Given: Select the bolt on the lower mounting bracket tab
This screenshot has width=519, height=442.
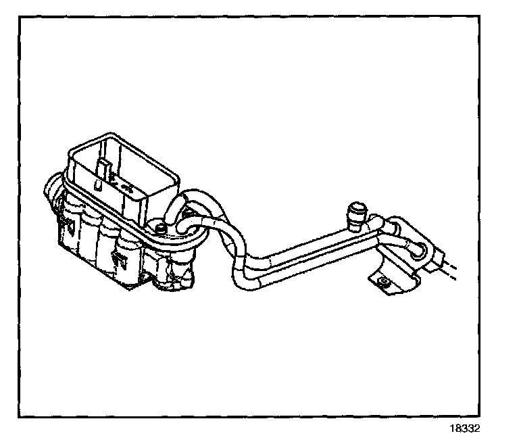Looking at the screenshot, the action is tap(382, 283).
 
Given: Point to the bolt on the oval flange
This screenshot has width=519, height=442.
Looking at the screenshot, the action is tap(159, 228).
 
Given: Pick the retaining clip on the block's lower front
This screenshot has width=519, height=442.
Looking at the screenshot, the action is tap(122, 259).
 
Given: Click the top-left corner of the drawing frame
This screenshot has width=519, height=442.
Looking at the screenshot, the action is tap(20, 16).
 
